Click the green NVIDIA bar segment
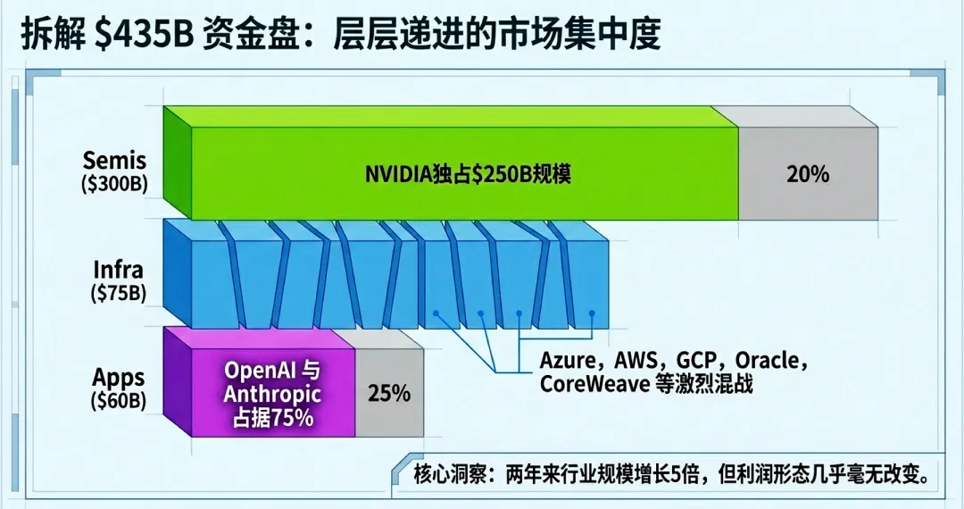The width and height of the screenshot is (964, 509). point(464,174)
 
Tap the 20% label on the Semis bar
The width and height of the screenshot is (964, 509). point(808,174)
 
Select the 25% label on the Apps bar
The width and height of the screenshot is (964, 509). point(388,393)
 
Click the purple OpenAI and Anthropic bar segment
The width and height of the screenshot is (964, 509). point(272,393)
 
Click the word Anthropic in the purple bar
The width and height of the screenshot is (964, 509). point(272,394)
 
